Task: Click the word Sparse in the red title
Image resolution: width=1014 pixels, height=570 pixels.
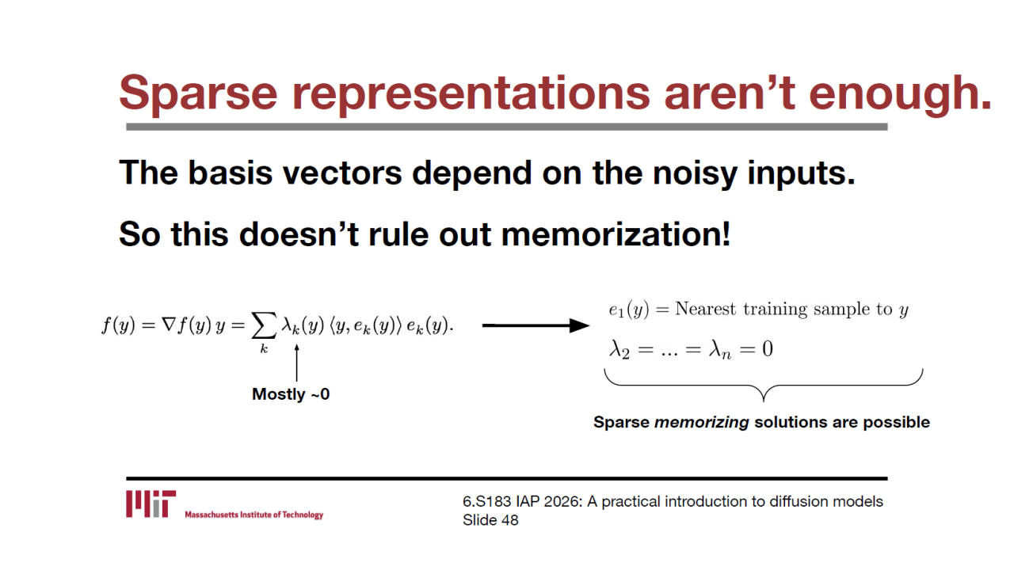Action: click(198, 93)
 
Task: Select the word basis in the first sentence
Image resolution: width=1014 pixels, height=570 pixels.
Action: click(231, 173)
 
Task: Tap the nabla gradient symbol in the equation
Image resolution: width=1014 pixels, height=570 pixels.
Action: click(168, 325)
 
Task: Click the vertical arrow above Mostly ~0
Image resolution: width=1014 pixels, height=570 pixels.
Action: click(296, 363)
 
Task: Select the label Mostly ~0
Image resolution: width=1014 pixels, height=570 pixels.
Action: click(291, 394)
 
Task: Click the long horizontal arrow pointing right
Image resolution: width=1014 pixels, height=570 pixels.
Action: click(536, 325)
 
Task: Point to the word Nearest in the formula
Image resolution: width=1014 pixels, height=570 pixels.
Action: click(705, 309)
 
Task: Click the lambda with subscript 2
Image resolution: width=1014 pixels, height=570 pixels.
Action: click(619, 350)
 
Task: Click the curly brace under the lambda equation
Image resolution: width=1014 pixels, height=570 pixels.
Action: click(764, 386)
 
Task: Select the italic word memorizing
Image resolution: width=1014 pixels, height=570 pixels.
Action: click(702, 422)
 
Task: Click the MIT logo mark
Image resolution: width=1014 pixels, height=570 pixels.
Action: click(151, 503)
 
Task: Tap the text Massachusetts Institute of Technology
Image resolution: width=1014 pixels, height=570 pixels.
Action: click(254, 515)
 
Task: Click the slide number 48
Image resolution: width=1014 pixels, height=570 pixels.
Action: click(509, 520)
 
